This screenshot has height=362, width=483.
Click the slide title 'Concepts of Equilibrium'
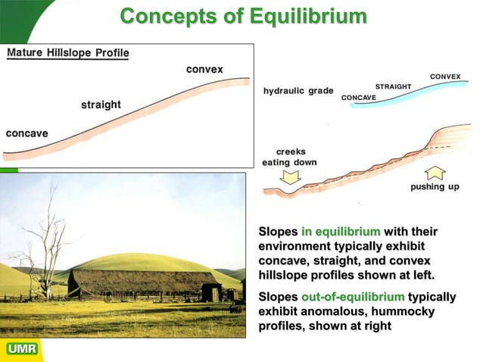243,16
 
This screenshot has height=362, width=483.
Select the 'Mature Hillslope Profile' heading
68,53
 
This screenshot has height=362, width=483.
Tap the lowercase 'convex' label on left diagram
204,70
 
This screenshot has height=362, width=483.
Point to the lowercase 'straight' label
101,105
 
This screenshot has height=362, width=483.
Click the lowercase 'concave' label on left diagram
27,133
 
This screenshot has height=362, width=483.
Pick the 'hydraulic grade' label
298,91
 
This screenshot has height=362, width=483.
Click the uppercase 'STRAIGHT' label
393,87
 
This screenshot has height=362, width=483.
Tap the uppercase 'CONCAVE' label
360,98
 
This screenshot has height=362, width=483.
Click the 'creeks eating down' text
290,157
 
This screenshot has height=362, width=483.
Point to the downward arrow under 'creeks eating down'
291,178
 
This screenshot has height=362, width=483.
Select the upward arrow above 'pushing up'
435,172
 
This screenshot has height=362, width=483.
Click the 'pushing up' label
435,186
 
